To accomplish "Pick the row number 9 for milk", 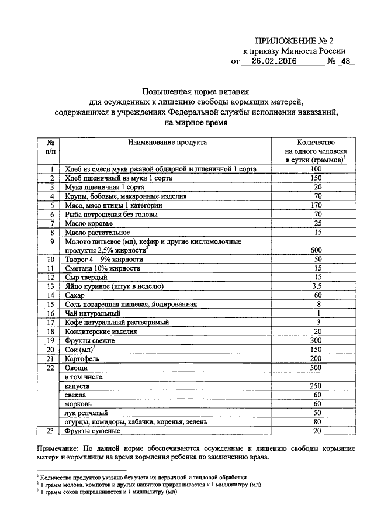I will (x=52, y=241).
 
